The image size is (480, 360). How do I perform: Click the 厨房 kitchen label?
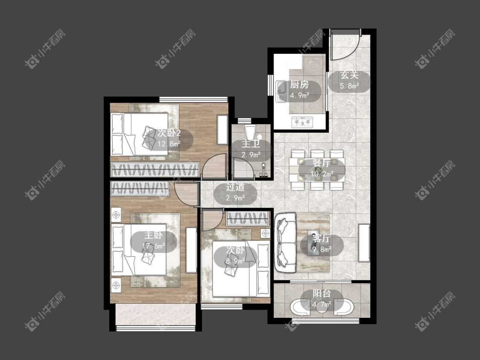[300, 85]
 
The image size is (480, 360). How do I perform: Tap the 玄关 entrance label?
[349, 75]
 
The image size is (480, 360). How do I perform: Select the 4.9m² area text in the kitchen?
[300, 95]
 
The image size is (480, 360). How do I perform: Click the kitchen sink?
[281, 91]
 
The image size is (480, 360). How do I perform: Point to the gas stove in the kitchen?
[303, 122]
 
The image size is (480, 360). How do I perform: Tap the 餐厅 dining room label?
[321, 163]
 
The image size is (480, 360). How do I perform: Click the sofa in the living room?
[285, 243]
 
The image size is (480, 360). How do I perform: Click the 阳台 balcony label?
[322, 293]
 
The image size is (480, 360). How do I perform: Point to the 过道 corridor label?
[235, 187]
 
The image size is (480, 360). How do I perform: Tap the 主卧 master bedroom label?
[153, 235]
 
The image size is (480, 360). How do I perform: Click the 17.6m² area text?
[154, 246]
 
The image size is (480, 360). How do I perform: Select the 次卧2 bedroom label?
[169, 133]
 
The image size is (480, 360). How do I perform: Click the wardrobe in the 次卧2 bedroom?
[155, 169]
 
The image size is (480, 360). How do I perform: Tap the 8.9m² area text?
[235, 261]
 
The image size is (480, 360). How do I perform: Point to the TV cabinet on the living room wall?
[364, 243]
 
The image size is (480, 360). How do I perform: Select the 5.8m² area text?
[349, 86]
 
